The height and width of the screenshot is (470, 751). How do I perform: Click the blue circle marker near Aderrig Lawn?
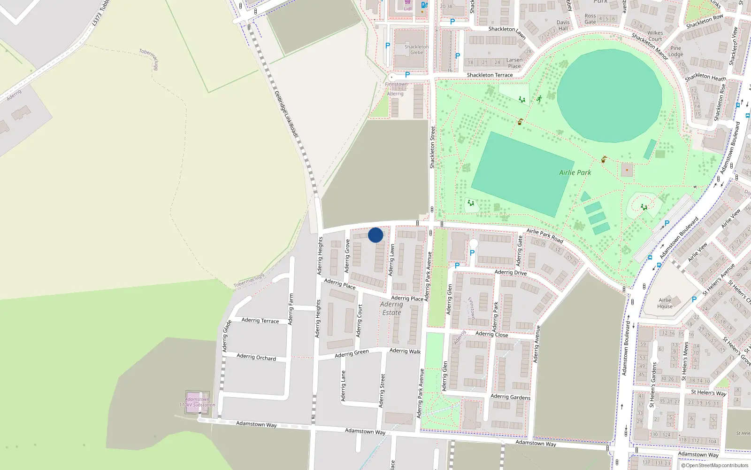tap(375, 235)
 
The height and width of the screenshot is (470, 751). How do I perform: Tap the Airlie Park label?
tap(575, 172)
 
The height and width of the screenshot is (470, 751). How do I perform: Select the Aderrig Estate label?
tap(391, 308)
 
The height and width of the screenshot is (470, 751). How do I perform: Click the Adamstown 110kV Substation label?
tap(197, 402)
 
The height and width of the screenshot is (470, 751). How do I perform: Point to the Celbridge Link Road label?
tap(286, 114)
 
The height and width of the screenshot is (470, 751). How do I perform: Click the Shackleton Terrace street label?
tap(490, 75)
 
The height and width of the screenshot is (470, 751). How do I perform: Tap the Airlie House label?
tap(665, 303)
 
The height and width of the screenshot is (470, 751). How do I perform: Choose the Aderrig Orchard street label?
tap(256, 357)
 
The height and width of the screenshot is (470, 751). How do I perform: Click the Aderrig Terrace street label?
tap(260, 321)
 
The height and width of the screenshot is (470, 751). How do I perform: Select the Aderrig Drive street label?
tap(511, 273)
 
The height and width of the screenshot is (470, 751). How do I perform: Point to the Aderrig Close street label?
tap(491, 334)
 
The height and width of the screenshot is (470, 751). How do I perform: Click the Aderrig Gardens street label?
tap(510, 397)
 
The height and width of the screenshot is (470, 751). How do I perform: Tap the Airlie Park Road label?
tap(544, 235)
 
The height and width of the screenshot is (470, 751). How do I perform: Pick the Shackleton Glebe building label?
tap(416, 50)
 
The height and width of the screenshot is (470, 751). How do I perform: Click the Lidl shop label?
tap(407, 8)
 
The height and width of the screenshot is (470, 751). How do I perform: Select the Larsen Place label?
tap(514, 63)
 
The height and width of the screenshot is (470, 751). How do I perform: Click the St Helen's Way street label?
tap(708, 393)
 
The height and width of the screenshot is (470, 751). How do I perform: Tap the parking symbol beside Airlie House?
tap(694, 299)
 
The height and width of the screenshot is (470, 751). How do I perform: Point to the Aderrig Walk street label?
tap(405, 351)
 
